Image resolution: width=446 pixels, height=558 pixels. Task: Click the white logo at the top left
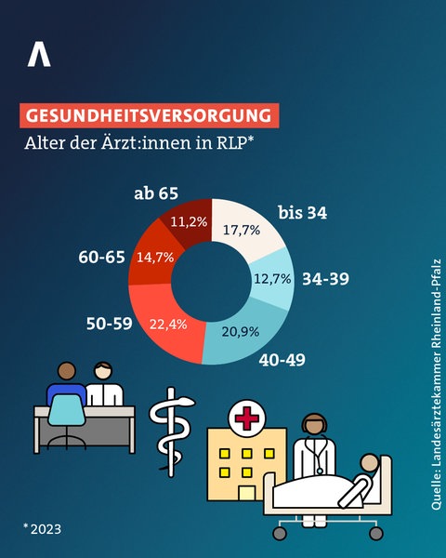click(39, 54)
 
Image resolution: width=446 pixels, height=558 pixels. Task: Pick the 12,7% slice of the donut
click(272, 278)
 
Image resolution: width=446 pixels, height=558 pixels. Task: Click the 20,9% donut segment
click(239, 329)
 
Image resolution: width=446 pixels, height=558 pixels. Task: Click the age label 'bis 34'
click(303, 213)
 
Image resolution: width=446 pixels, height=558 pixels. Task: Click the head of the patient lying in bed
click(370, 464)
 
